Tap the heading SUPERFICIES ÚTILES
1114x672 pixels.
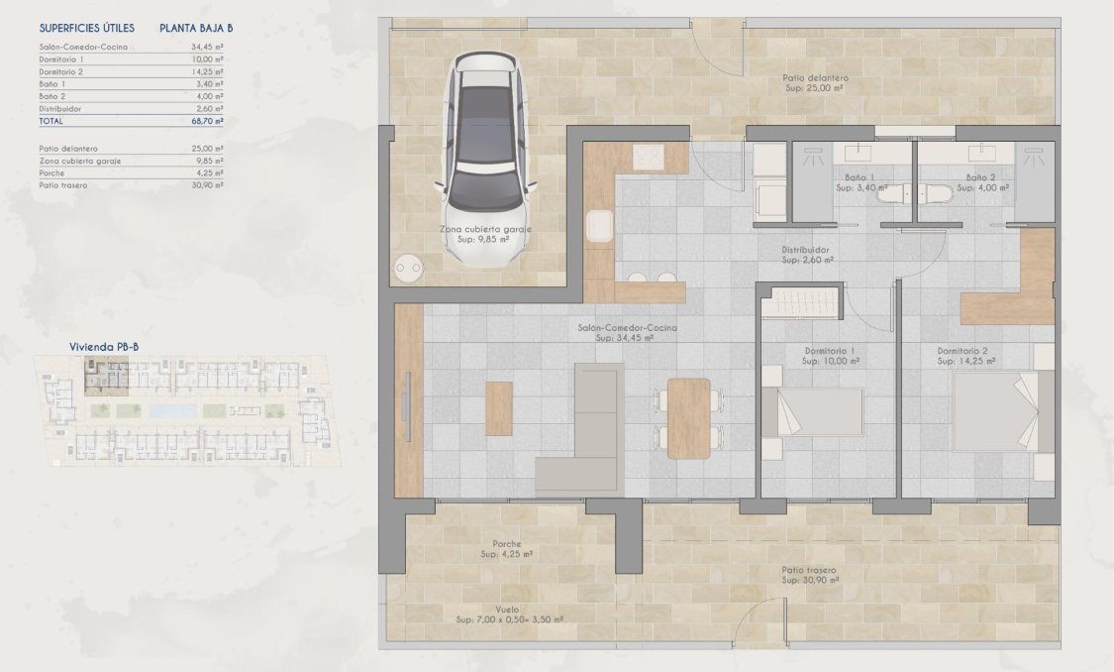point(87,29)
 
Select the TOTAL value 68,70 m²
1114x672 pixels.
point(207,122)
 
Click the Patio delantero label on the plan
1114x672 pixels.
point(814,77)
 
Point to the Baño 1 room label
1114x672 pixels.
point(854,177)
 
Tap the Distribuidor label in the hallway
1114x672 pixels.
point(805,251)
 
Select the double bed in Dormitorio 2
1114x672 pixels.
point(994,410)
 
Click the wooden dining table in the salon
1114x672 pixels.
point(689,417)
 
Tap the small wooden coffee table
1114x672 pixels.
point(499,408)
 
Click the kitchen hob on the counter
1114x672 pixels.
point(649,157)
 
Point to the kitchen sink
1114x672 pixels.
point(598,226)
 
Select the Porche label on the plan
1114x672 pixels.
point(507,544)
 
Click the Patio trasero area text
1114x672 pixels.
point(809,571)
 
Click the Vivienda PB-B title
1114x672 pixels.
point(104,348)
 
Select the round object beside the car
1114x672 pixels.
point(407,268)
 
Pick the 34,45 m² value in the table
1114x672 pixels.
point(207,46)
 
